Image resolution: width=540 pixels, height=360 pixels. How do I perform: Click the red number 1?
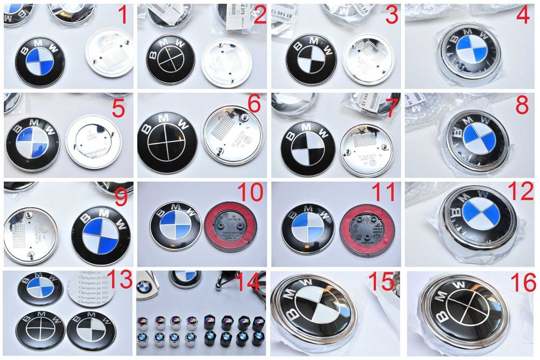coord(123,16)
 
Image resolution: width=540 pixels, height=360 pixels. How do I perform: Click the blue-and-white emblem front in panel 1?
coord(40,60)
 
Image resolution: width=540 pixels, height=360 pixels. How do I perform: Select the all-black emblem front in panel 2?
coord(171,59)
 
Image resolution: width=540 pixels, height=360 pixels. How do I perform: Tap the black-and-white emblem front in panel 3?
coord(310,60)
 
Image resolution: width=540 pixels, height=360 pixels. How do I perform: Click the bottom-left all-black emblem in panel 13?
coord(40,330)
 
